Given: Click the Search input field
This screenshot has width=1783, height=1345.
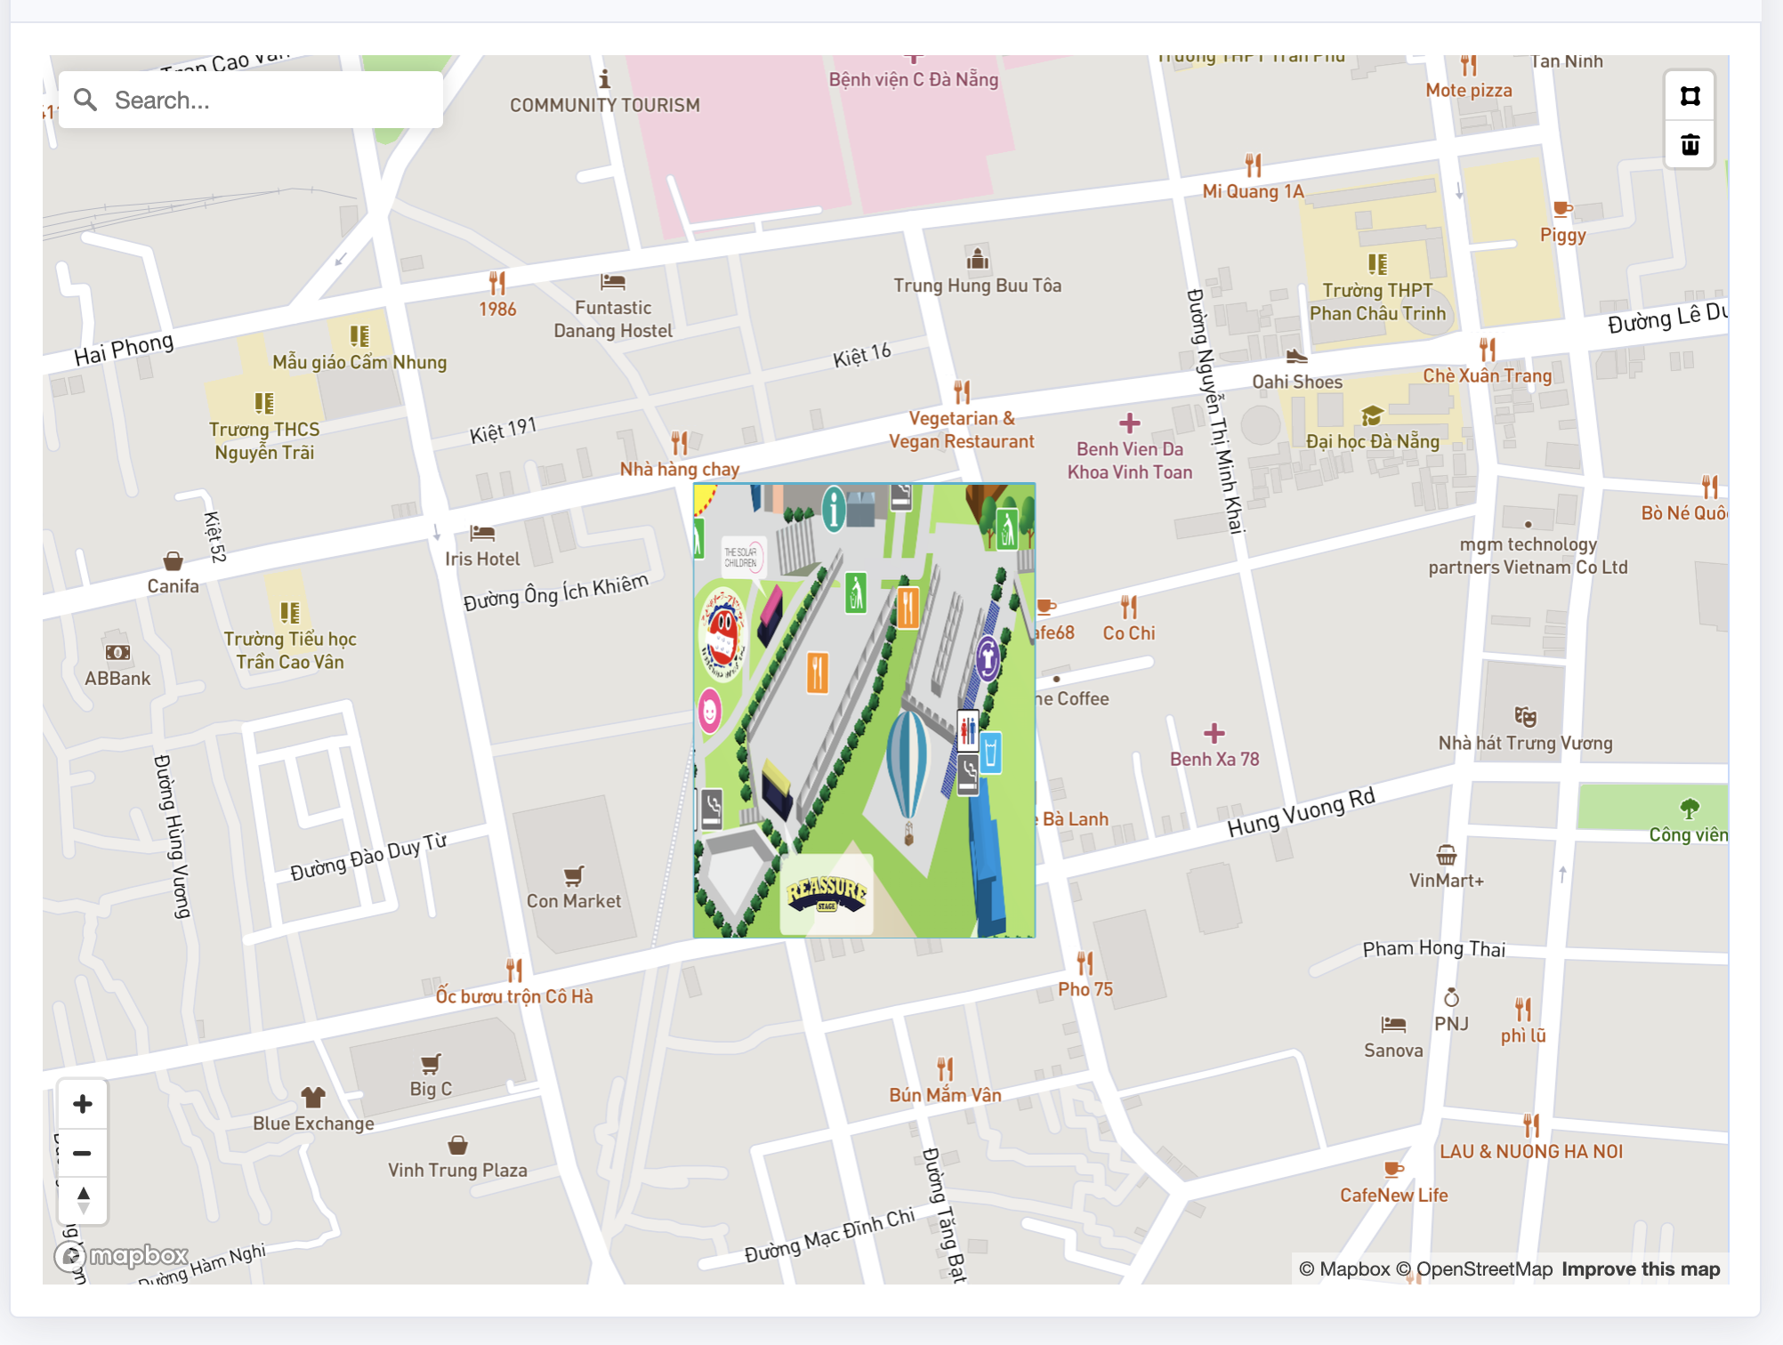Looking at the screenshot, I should point(267,101).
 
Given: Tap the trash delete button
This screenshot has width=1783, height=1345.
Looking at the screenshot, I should point(1690,145).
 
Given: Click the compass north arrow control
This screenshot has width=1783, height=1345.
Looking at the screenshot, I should point(83,1200).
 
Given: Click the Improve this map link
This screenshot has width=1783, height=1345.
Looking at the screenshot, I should point(1641,1269).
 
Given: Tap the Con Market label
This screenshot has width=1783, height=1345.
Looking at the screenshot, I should point(574,901).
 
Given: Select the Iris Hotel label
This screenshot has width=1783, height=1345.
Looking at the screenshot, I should point(482,560).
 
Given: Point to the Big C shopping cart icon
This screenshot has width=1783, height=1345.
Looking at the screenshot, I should point(431,1064).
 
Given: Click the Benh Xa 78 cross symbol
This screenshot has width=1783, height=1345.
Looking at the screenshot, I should point(1214,734).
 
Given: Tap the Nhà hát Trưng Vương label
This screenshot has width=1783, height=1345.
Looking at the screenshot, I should point(1525,744).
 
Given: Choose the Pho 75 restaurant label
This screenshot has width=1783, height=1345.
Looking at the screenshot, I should point(1085,989).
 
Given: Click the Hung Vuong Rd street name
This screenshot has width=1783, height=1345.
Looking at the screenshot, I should point(1301,812).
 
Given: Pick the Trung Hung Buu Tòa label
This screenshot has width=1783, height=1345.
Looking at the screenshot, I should point(977,286).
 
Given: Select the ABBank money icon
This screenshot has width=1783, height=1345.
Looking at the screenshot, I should point(117,653).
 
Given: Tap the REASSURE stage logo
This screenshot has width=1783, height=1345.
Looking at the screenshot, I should point(827,893).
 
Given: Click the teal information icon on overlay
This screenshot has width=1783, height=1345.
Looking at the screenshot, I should point(834,510).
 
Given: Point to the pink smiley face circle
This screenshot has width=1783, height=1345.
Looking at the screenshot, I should point(710,712).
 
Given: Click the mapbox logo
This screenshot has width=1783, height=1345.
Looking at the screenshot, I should point(123,1256).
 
